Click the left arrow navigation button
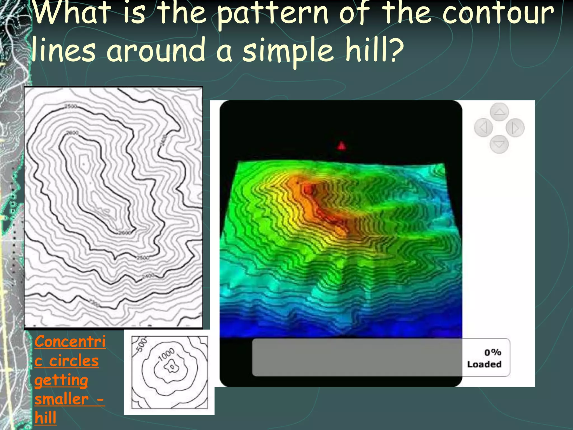[483, 128]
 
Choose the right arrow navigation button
[515, 128]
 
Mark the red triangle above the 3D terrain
[341, 146]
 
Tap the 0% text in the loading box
[493, 352]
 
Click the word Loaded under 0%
[484, 364]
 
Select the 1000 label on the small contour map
[166, 355]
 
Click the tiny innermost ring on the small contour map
[172, 367]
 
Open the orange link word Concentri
[70, 342]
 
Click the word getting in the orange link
[61, 380]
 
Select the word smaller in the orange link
[62, 399]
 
